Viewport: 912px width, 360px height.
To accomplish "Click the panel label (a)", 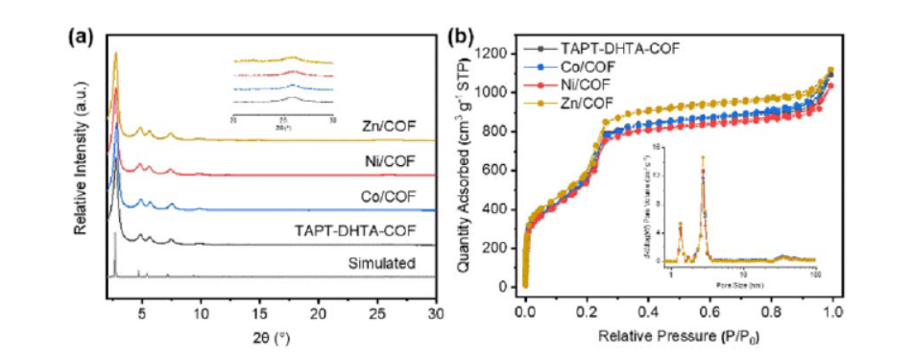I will pos(81,37).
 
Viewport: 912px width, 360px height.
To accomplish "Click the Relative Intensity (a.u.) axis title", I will pos(83,161).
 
